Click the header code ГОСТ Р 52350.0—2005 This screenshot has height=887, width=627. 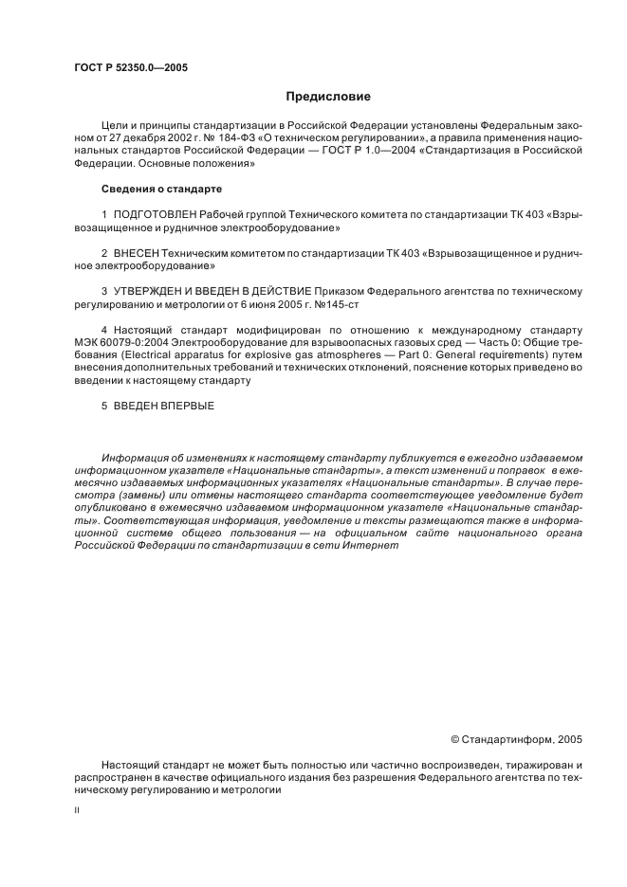130,67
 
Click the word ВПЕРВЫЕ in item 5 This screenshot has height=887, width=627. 189,406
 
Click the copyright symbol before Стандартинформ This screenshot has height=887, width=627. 454,738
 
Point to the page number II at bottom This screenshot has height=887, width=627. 77,811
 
